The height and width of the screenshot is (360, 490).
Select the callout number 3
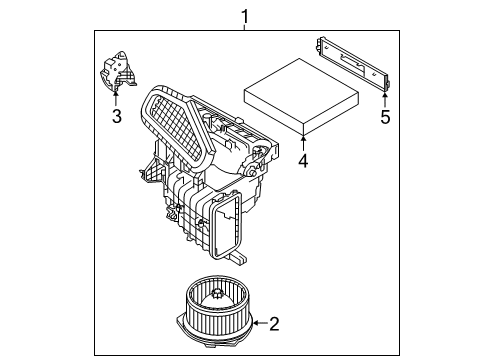116,117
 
